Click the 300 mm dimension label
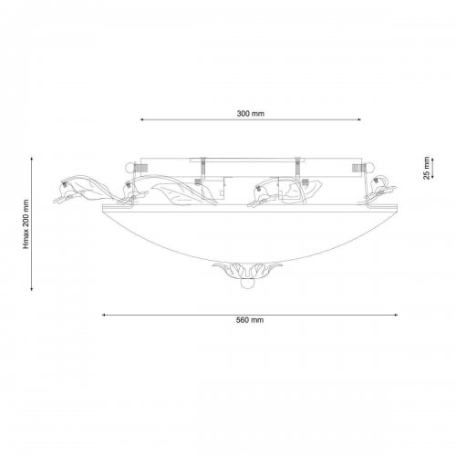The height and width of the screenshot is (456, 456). point(251,114)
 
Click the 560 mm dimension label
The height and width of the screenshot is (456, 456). point(250,320)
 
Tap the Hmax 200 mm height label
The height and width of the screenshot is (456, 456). point(26,224)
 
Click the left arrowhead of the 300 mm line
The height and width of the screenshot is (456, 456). point(141,119)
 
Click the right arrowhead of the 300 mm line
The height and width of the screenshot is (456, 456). point(359,119)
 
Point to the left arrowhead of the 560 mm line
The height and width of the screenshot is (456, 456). point(104,316)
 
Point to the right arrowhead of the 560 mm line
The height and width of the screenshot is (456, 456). point(396,316)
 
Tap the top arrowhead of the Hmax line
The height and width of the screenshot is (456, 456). point(32,159)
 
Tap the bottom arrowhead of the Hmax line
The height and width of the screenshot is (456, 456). point(32,289)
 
